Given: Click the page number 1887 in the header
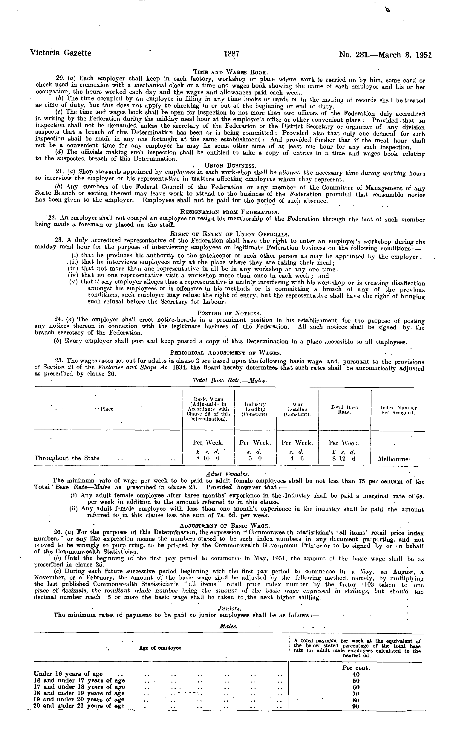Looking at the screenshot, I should coord(232,54).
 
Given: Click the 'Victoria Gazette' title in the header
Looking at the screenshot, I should coord(60,53).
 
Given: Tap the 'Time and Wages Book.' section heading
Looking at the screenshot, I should coord(230,72).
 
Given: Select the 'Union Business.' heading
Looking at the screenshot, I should coord(230,166).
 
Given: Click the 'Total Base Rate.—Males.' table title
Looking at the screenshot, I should coord(229,380).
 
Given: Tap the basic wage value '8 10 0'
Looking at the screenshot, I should coord(208,459).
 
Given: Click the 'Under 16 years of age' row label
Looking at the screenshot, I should coord(68,674).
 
